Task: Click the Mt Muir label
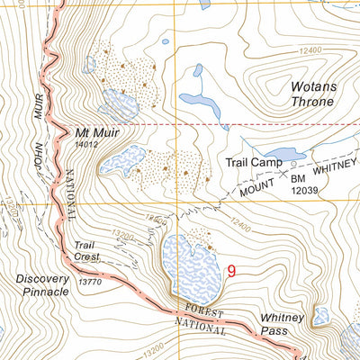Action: coord(98,130)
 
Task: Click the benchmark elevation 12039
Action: coord(305,191)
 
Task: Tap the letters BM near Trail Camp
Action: coord(299,180)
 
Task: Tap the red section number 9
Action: coord(233,270)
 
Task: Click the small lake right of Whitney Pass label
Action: coord(321,316)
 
